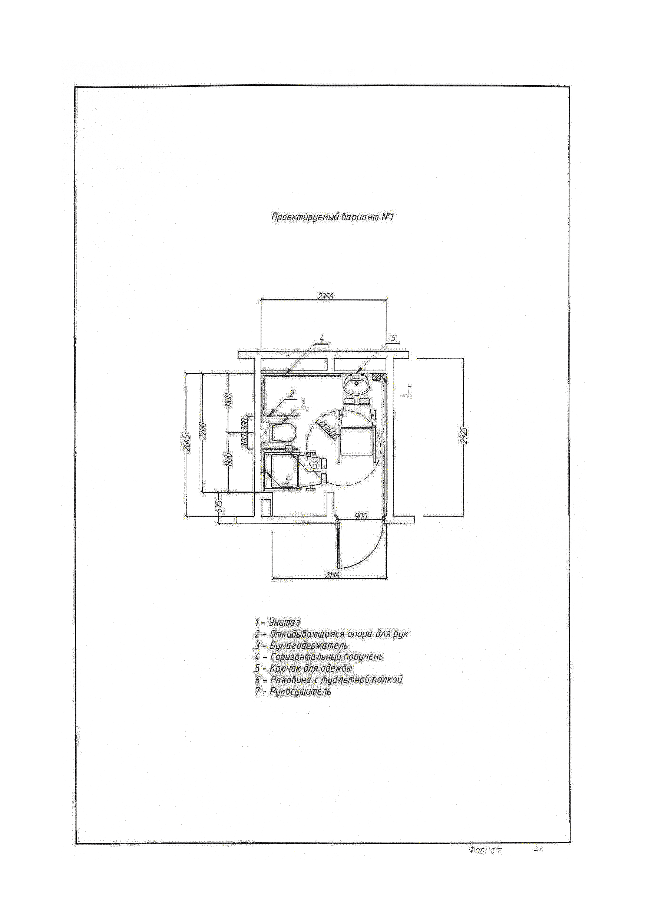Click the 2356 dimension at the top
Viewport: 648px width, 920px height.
[x=325, y=297]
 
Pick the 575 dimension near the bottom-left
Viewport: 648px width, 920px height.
[x=218, y=508]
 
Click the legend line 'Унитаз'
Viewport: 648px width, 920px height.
[x=278, y=622]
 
